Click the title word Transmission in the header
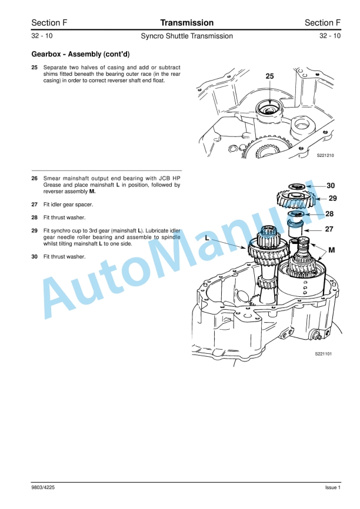[186, 23]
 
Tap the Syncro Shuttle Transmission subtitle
[186, 36]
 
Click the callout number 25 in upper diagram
[269, 76]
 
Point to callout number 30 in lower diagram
[331, 185]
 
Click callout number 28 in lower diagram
[329, 214]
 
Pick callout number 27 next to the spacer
[329, 230]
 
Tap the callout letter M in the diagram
[331, 250]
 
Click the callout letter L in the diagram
[208, 238]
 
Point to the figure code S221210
[325, 156]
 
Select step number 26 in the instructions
[34, 178]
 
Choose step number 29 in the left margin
[34, 230]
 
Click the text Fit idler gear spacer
[68, 205]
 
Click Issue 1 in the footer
[332, 488]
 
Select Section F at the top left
[49, 23]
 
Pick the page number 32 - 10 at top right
[329, 36]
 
